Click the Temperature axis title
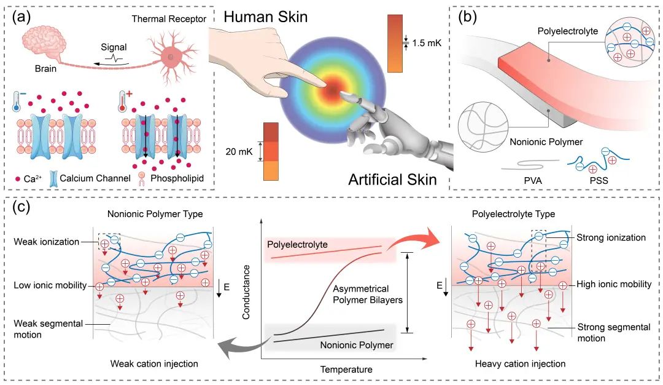(347, 369)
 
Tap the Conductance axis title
(247, 292)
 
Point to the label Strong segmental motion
(614, 333)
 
